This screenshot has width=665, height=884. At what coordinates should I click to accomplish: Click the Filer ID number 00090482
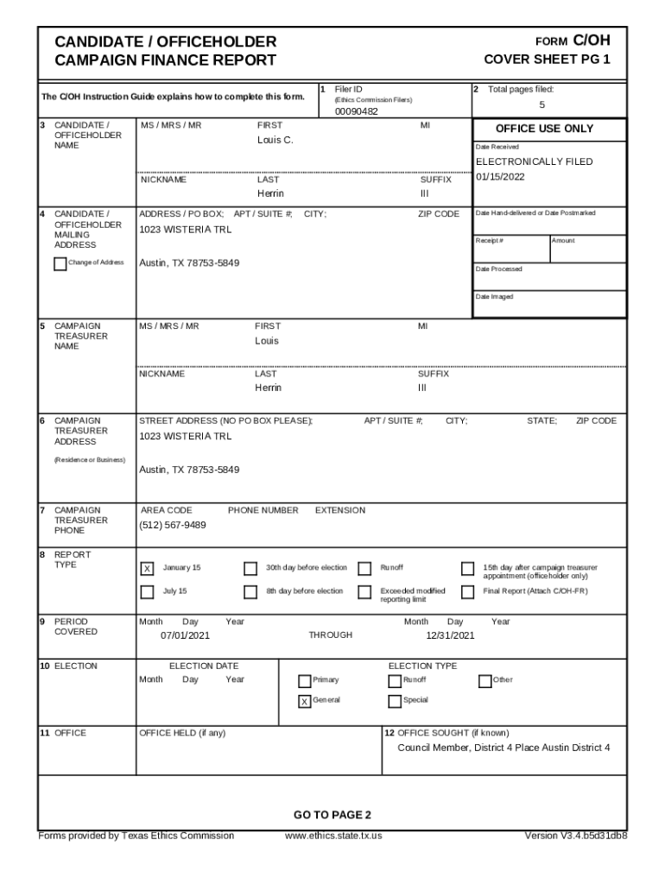(x=356, y=111)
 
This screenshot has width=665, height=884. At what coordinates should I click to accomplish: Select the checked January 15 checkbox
(x=147, y=568)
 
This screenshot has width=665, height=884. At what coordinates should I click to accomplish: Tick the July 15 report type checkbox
(x=147, y=591)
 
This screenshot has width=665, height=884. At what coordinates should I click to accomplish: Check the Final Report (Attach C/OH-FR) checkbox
(x=467, y=591)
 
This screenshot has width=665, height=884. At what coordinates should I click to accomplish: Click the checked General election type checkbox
(x=304, y=701)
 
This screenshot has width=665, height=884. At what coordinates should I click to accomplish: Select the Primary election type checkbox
(x=304, y=680)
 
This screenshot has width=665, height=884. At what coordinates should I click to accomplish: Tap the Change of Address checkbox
(x=60, y=263)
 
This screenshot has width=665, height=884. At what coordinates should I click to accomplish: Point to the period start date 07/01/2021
(x=185, y=635)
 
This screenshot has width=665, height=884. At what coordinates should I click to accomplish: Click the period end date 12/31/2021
(x=450, y=635)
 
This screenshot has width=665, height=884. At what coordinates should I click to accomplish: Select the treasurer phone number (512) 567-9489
(x=173, y=525)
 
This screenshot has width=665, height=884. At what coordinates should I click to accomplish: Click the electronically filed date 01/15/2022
(x=500, y=177)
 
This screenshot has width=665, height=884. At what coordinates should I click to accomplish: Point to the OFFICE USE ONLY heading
(x=544, y=129)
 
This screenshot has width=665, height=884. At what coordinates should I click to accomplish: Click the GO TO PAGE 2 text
(x=332, y=815)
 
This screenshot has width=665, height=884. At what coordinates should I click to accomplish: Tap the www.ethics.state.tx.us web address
(x=333, y=836)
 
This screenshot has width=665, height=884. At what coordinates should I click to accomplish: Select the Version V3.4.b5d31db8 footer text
(x=575, y=836)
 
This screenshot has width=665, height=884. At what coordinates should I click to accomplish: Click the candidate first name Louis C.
(x=275, y=140)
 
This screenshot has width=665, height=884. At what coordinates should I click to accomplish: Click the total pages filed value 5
(x=541, y=104)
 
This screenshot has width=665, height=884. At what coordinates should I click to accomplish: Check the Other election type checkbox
(x=484, y=680)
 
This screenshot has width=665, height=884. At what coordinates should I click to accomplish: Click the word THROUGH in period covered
(x=331, y=635)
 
